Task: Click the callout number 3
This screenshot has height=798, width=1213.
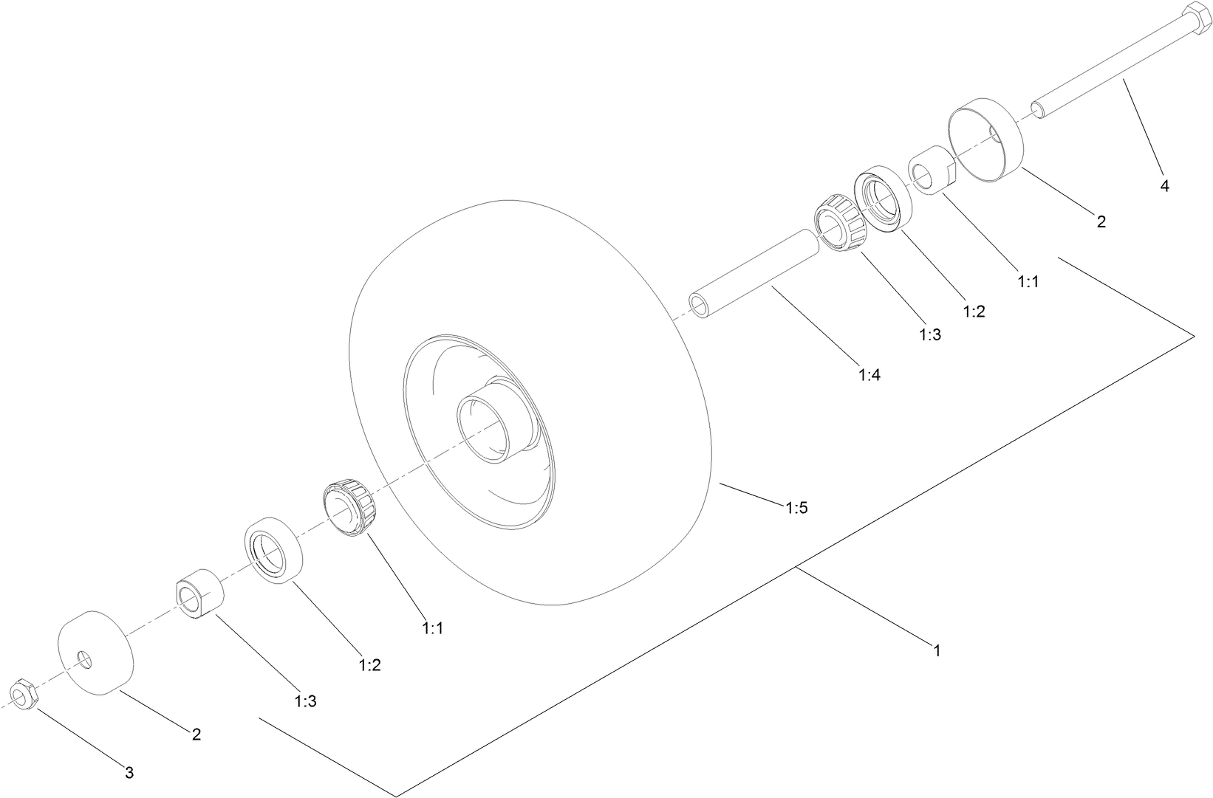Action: click(x=129, y=773)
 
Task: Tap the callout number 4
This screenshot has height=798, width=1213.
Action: click(x=1165, y=186)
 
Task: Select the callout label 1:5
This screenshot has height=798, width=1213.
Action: click(x=796, y=508)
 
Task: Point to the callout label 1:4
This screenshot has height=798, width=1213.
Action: click(x=869, y=374)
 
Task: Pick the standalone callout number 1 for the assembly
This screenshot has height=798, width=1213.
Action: click(x=937, y=651)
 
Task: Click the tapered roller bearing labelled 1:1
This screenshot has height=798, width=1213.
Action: click(x=350, y=508)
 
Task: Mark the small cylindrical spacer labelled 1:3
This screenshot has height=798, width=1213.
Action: click(x=199, y=592)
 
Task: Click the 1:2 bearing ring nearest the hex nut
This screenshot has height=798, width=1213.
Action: click(x=273, y=551)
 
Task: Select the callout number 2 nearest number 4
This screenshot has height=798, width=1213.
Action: click(x=1101, y=221)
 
